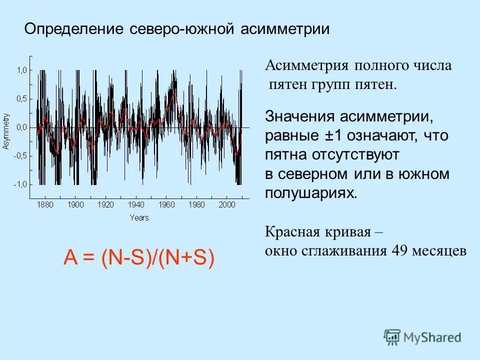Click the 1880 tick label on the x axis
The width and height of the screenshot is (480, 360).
click(x=45, y=204)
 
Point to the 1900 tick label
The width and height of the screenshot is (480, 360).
click(x=76, y=204)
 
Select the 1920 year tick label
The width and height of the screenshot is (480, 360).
click(x=106, y=204)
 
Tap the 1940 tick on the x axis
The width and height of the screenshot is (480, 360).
click(x=136, y=204)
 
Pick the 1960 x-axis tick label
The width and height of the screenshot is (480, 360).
click(x=166, y=204)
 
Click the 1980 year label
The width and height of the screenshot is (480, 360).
click(x=197, y=204)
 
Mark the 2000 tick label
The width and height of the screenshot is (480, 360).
click(x=227, y=204)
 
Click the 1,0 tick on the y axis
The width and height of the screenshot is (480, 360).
click(x=21, y=70)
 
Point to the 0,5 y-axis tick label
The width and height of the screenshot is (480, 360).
click(x=21, y=98)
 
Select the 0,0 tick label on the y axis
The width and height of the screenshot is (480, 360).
click(x=21, y=127)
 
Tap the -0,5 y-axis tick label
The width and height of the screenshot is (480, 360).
click(x=20, y=155)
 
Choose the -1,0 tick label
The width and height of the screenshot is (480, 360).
click(x=20, y=184)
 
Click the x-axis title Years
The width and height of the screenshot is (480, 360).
click(x=139, y=217)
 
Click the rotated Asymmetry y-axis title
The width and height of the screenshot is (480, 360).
click(x=6, y=131)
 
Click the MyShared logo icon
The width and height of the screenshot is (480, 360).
click(x=392, y=337)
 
